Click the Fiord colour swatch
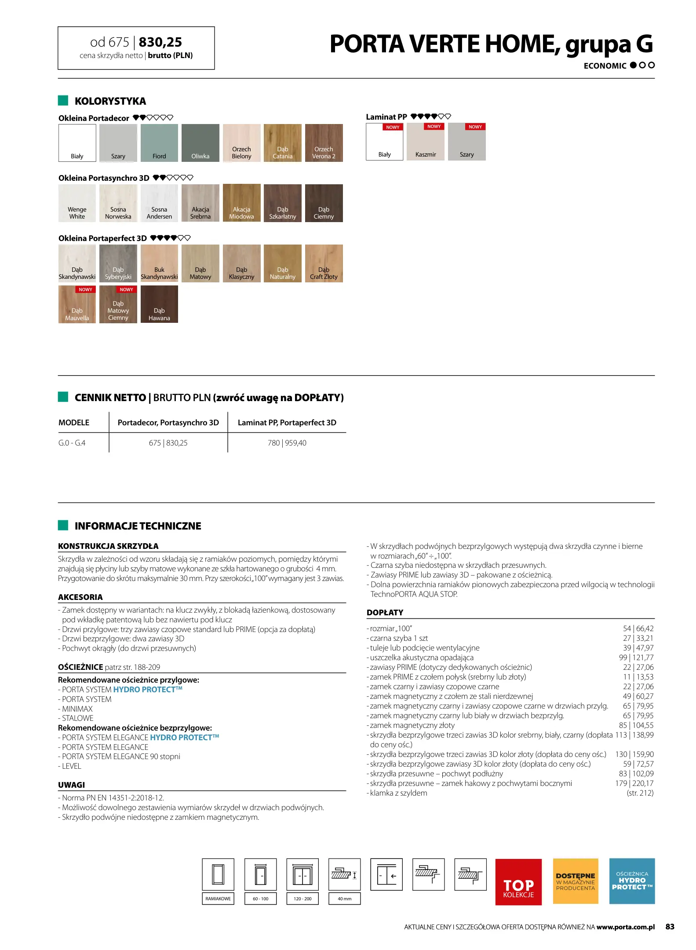(x=159, y=143)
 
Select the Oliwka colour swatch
(x=200, y=143)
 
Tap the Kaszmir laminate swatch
(x=426, y=142)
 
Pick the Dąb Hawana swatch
(x=159, y=304)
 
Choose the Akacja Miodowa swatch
(x=241, y=203)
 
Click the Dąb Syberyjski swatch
(x=118, y=263)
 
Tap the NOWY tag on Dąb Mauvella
(x=85, y=289)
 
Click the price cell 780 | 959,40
(x=287, y=443)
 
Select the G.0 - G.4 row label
(x=72, y=443)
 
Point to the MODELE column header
(x=74, y=423)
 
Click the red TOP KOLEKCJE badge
(x=518, y=881)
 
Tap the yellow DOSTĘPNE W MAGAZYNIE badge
(x=576, y=881)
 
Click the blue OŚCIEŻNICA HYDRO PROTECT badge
(x=632, y=881)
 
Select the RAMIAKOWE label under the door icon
(x=218, y=899)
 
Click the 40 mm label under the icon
(x=345, y=899)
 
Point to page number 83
(x=670, y=927)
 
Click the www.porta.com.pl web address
(x=625, y=927)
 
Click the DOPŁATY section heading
(x=385, y=613)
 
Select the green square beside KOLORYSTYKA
(x=63, y=101)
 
